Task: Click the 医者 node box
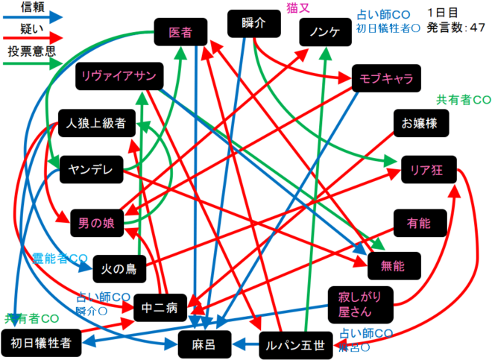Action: point(180,33)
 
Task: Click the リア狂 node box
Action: point(426,170)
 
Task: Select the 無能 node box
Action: point(394,265)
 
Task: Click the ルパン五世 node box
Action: point(296,345)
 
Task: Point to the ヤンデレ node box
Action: point(91,170)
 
